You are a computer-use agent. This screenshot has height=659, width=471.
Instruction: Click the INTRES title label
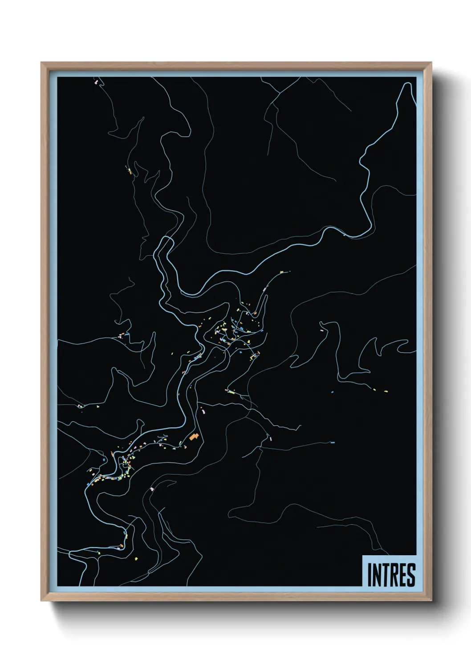click(x=391, y=574)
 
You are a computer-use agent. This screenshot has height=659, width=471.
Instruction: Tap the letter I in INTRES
click(x=369, y=575)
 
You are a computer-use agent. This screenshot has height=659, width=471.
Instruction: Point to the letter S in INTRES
click(x=411, y=575)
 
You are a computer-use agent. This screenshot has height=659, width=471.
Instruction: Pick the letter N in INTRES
click(x=376, y=575)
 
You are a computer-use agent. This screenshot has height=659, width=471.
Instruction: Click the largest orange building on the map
click(x=193, y=437)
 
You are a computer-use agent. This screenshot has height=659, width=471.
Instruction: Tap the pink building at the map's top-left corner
click(x=96, y=82)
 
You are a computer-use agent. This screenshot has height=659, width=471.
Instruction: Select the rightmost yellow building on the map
click(x=386, y=391)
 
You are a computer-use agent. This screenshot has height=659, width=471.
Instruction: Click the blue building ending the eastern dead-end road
click(x=332, y=442)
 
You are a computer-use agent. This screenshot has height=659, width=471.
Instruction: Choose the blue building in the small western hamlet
click(x=127, y=334)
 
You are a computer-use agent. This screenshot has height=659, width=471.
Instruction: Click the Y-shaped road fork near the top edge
click(x=280, y=93)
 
